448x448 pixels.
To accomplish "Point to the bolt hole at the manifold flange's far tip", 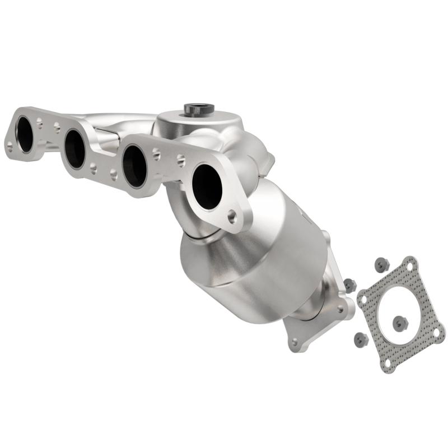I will pos(9,147).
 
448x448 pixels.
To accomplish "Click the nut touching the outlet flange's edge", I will pos(349,285).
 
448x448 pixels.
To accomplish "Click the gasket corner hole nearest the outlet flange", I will pos(365,298).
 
